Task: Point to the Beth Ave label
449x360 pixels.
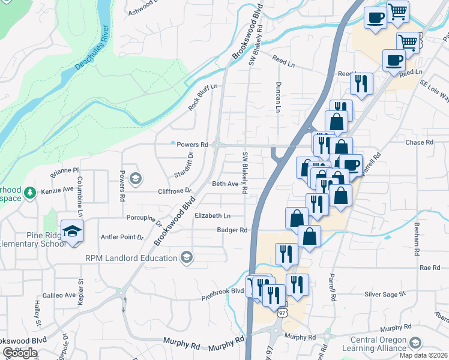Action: click(225, 184)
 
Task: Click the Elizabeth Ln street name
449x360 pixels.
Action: click(212, 215)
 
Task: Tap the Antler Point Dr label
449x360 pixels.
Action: click(122, 238)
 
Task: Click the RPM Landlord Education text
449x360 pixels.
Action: click(131, 258)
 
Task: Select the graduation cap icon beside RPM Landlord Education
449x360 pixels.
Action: click(187, 258)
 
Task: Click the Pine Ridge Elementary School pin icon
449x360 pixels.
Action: click(72, 232)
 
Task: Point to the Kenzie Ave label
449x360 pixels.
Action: click(57, 192)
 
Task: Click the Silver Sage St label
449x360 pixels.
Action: click(386, 294)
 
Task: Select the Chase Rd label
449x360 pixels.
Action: click(419, 143)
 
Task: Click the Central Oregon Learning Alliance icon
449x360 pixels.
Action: click(414, 343)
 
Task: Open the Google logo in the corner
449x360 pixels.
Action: click(20, 353)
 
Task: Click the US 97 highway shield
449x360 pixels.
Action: click(282, 313)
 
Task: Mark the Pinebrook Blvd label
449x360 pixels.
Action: click(223, 292)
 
